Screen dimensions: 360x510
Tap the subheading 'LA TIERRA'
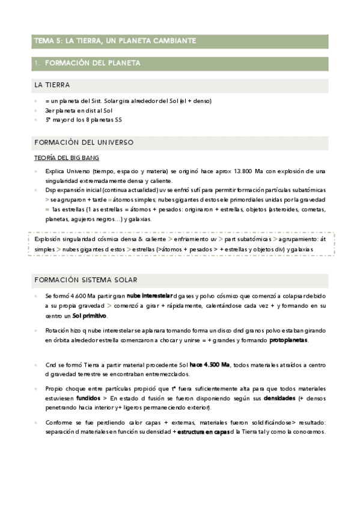[x=52, y=85]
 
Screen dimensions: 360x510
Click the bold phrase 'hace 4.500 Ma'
[x=209, y=365]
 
